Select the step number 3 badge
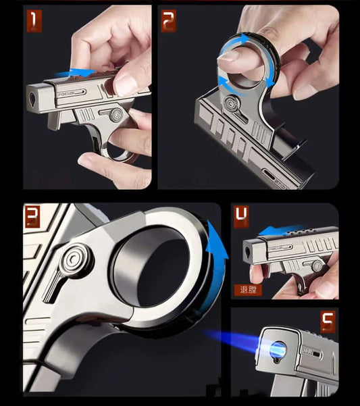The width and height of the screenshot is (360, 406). (32, 216)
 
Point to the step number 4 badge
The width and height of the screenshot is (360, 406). (241, 216)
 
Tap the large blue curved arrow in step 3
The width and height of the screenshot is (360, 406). (215, 257)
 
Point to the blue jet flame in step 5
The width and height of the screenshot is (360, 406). (240, 342)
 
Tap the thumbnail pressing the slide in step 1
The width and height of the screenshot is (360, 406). (124, 82)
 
